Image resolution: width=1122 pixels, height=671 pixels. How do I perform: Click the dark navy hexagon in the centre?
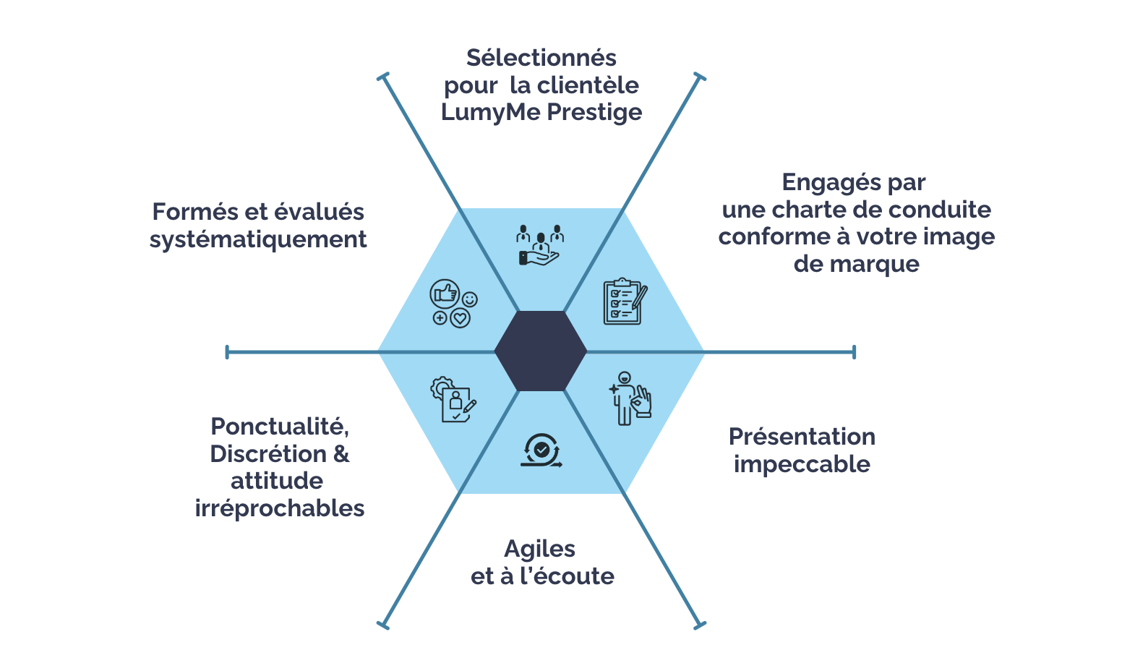pyautogui.click(x=541, y=351)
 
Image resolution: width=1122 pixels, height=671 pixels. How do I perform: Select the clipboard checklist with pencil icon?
pyautogui.click(x=625, y=302)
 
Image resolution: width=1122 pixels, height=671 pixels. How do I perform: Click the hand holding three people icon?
pyautogui.click(x=540, y=245)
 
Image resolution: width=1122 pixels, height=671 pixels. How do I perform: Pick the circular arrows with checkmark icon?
pyautogui.click(x=541, y=450)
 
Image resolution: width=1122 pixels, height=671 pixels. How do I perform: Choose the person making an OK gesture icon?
pyautogui.click(x=630, y=398)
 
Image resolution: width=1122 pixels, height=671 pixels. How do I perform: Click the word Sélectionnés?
pyautogui.click(x=541, y=58)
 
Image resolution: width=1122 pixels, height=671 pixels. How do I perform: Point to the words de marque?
pyautogui.click(x=856, y=264)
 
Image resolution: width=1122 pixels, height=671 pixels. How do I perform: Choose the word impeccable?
pyautogui.click(x=802, y=464)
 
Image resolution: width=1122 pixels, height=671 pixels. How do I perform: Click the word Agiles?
pyautogui.click(x=539, y=549)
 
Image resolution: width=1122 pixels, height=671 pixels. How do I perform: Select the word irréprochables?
pyautogui.click(x=279, y=508)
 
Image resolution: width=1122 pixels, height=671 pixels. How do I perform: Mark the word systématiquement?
pyautogui.click(x=258, y=239)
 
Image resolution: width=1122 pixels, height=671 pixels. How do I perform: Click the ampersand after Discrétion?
pyautogui.click(x=341, y=454)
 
